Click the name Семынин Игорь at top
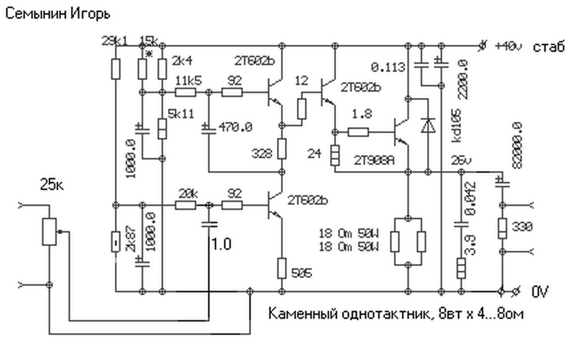pos(58,13)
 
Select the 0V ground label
pos(540,292)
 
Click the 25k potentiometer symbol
pos(49,232)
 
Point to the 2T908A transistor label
pos(375,160)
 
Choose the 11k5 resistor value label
pos(189,81)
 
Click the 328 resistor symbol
pos(282,149)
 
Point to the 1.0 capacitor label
pos(221,244)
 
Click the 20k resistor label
pos(187,193)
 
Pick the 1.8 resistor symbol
pos(359,132)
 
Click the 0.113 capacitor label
pos(388,67)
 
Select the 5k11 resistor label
pos(180,113)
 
